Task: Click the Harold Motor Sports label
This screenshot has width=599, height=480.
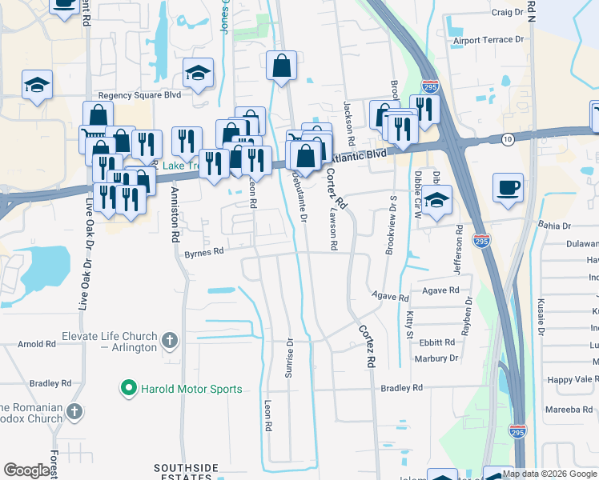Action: click(x=191, y=390)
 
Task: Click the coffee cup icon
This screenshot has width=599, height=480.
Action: click(x=508, y=188)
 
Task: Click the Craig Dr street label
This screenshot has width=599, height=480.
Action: click(x=507, y=13)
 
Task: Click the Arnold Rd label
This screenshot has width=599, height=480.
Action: click(x=38, y=344)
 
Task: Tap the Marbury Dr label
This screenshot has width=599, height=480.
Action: click(x=436, y=358)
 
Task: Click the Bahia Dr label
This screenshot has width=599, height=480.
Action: click(x=553, y=226)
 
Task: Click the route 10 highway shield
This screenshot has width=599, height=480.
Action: click(x=508, y=139)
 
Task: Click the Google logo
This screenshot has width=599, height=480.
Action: click(x=27, y=470)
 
